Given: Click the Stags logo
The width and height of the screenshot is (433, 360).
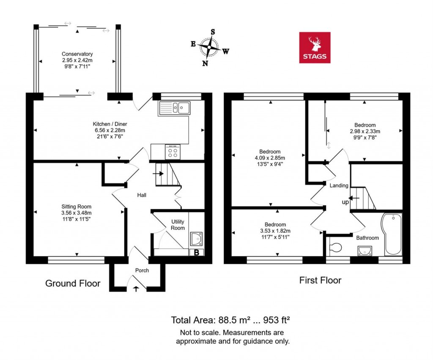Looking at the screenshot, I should pyautogui.click(x=315, y=47).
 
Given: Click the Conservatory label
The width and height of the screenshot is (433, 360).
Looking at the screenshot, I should pyautogui.click(x=77, y=54).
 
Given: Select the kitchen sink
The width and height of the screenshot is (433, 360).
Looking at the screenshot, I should pyautogui.click(x=174, y=108).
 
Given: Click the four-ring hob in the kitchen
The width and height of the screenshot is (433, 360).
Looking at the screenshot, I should pyautogui.click(x=173, y=152).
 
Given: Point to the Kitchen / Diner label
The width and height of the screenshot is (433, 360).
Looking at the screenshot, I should pyautogui.click(x=110, y=124).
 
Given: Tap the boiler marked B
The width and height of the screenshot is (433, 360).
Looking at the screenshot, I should pyautogui.click(x=196, y=253).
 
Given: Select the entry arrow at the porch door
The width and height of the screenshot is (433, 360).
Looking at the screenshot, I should pyautogui.click(x=136, y=289).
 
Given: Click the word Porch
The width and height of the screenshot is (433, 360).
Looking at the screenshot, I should pyautogui.click(x=142, y=270).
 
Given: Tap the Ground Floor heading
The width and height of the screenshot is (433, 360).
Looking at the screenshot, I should pyautogui.click(x=73, y=283).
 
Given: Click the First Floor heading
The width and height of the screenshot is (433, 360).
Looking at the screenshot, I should pyautogui.click(x=320, y=280).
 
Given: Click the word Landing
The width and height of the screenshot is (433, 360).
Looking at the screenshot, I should pyautogui.click(x=339, y=185).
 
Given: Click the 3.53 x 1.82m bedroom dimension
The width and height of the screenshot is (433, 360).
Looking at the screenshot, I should pyautogui.click(x=275, y=231).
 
